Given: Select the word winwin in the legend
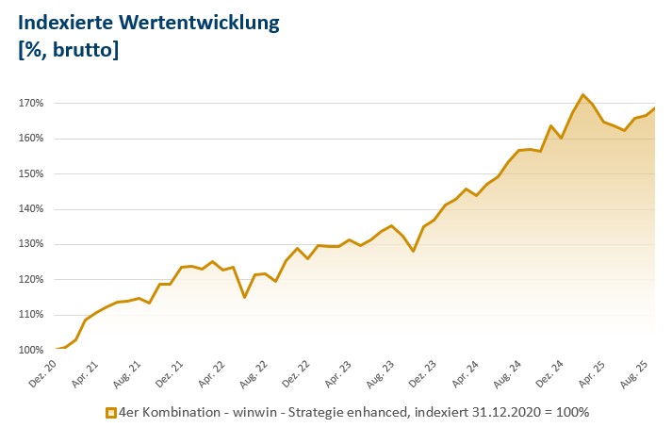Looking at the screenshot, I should pyautogui.click(x=242, y=413).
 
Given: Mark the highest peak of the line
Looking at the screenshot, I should pyautogui.click(x=583, y=95).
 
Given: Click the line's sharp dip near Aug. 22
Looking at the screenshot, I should pyautogui.click(x=244, y=297).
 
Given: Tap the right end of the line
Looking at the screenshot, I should pyautogui.click(x=655, y=107).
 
